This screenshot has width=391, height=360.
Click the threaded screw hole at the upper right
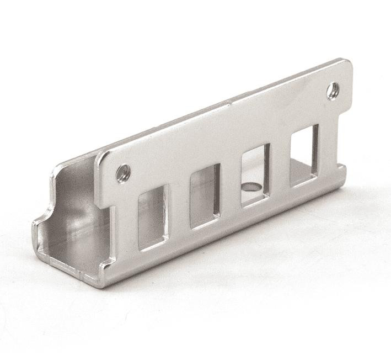333,91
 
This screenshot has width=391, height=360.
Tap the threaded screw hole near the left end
123,173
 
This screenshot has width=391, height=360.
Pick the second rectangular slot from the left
205,196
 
